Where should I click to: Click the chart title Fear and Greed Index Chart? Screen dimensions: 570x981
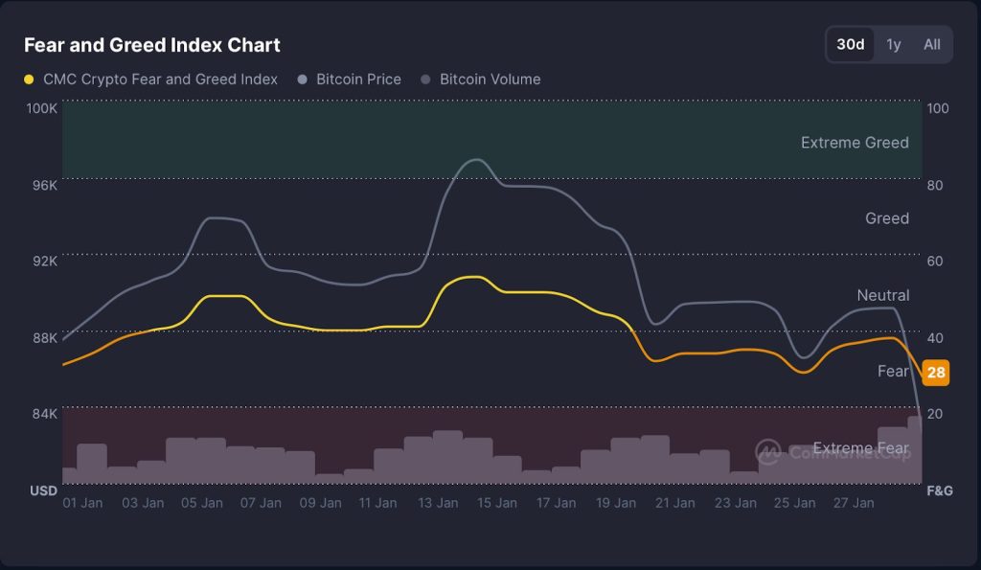coord(151,45)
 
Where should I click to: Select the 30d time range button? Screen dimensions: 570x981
coord(850,44)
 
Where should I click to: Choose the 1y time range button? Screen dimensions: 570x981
coord(894,44)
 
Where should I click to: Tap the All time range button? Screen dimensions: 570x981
coord(931,44)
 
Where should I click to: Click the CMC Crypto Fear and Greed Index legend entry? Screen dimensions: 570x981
coord(151,80)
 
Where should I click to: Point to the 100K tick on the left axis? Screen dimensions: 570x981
coord(41,108)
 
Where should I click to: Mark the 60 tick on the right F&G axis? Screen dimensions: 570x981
coord(938,261)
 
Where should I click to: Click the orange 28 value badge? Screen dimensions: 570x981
coord(936,373)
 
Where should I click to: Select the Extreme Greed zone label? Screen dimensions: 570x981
coord(855,143)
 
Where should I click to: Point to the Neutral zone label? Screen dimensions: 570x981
coord(882,295)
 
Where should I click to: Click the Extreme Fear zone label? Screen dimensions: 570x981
coord(860,447)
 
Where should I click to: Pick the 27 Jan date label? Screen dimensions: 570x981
coord(853,502)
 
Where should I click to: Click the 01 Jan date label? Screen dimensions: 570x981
coord(82,502)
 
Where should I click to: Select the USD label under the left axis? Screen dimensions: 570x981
coord(43,490)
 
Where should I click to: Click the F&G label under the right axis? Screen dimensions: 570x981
coord(938,490)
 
